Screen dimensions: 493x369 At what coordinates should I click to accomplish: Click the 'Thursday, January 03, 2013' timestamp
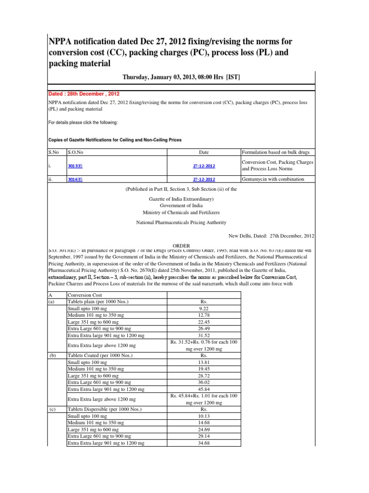click(x=181, y=77)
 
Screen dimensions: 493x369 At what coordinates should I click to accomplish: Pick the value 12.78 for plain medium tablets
click(x=205, y=315)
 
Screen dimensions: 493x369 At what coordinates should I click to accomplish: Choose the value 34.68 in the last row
click(x=205, y=442)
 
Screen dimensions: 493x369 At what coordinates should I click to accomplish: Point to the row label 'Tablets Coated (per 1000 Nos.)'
click(x=101, y=355)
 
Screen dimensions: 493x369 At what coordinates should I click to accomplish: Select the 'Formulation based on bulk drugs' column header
click(x=277, y=152)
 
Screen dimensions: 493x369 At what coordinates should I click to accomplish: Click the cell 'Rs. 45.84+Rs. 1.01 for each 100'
click(x=205, y=396)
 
